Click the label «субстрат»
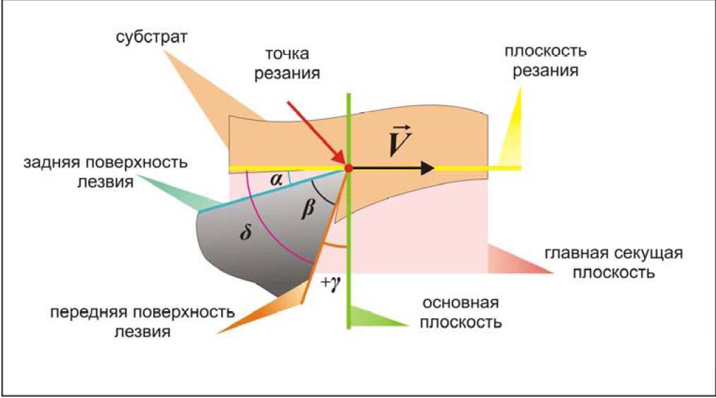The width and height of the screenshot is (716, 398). pos(153,37)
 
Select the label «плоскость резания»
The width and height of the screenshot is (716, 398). pos(545,61)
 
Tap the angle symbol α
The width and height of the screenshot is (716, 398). pos(278,181)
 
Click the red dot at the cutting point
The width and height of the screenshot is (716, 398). pos(348,167)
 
